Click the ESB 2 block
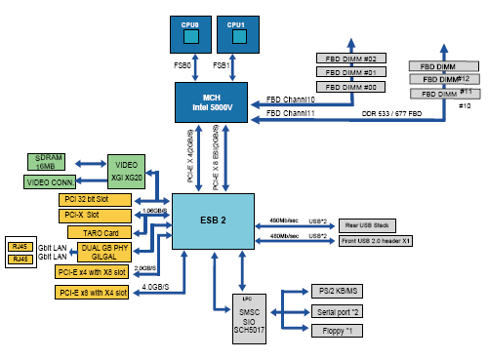click(x=213, y=220)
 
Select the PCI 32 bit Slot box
click(x=94, y=200)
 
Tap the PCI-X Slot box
click(x=94, y=216)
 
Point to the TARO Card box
click(x=94, y=232)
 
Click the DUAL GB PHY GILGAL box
click(x=94, y=250)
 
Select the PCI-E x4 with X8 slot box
click(x=94, y=272)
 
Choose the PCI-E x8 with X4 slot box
click(x=94, y=293)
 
